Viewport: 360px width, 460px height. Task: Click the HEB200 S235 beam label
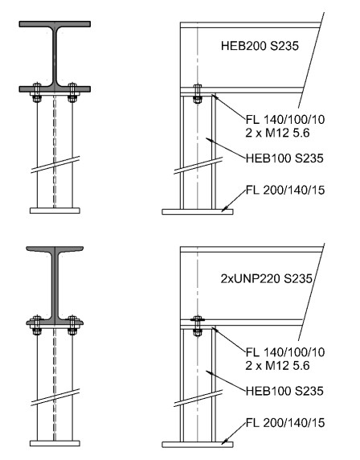tap(260, 46)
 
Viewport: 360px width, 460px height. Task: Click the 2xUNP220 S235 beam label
tap(267, 278)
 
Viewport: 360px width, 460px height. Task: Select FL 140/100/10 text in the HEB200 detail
tap(285, 119)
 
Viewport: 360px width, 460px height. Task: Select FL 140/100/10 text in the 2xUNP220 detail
tap(285, 352)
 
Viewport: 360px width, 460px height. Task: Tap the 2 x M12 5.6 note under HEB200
tap(277, 133)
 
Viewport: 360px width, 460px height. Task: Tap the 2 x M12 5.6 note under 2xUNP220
tap(277, 366)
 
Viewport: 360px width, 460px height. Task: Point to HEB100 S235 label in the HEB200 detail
tap(284, 158)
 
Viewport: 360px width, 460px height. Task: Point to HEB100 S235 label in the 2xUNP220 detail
tap(284, 391)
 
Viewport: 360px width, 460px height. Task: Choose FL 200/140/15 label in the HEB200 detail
tap(285, 190)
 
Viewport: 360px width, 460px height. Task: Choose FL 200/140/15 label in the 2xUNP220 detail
tap(285, 423)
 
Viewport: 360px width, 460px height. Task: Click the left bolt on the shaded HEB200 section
tap(37, 92)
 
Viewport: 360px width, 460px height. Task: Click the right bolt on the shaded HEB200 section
tap(72, 92)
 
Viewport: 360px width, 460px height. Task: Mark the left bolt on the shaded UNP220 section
tap(37, 325)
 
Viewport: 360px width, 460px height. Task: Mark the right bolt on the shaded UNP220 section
tap(72, 325)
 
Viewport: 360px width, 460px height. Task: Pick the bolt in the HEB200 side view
tap(198, 94)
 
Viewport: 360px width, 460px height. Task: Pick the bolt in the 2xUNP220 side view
tap(198, 326)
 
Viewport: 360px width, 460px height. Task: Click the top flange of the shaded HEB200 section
tap(55, 24)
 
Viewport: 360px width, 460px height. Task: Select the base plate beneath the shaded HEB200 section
tap(55, 211)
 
